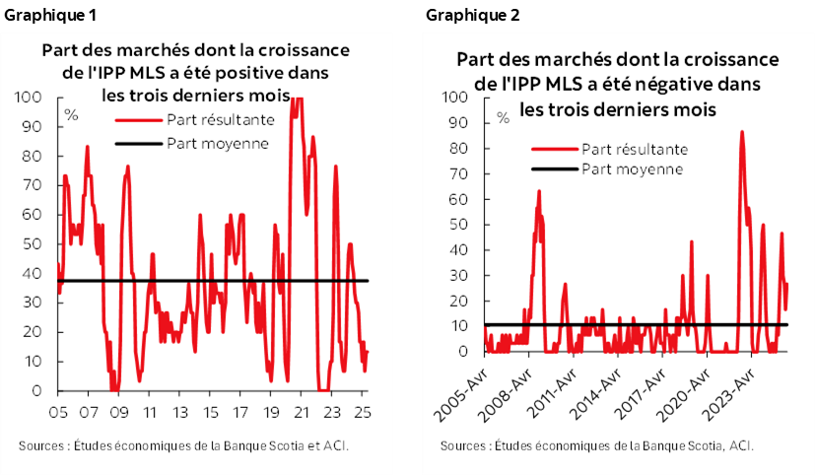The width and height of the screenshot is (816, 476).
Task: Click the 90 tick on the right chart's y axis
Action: coord(454,123)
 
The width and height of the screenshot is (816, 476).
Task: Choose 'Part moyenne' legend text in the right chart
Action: coord(632,169)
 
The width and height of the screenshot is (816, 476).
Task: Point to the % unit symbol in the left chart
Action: coord(71,114)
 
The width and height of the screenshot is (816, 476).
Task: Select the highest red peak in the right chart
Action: coord(741,131)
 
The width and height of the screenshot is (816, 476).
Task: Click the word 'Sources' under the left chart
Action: coord(40,446)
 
